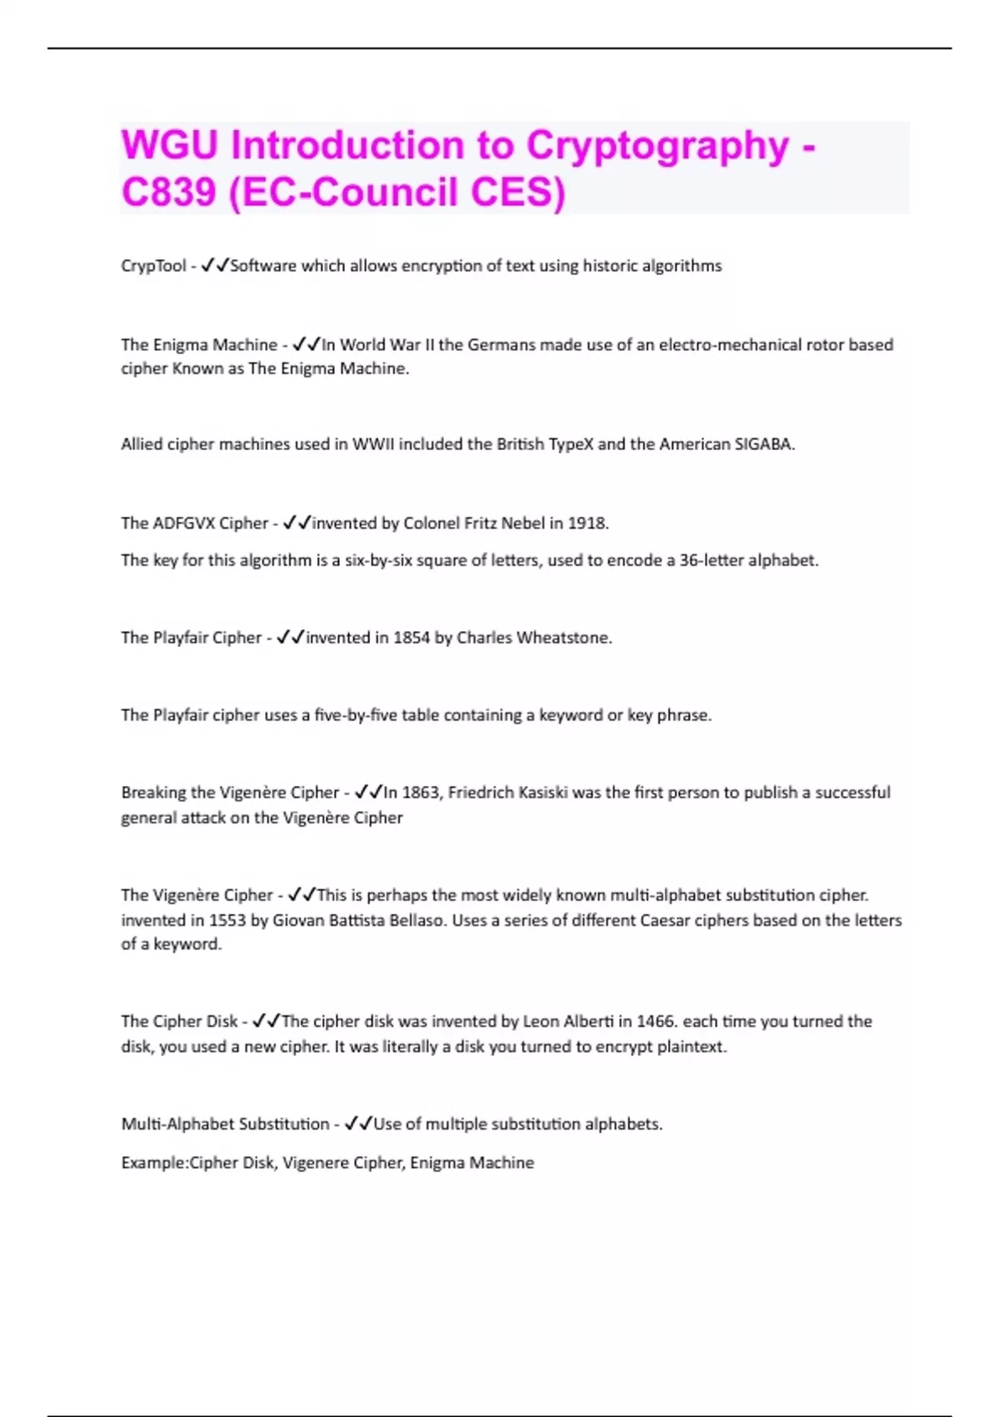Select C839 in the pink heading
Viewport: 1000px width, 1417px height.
pyautogui.click(x=167, y=193)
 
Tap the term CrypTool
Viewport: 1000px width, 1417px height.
pyautogui.click(x=153, y=266)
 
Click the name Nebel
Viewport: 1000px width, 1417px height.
pyautogui.click(x=522, y=523)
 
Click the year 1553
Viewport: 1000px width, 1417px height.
pyautogui.click(x=227, y=920)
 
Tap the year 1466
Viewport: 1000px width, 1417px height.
pyautogui.click(x=655, y=1022)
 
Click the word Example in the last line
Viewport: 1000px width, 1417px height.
pyautogui.click(x=153, y=1163)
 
